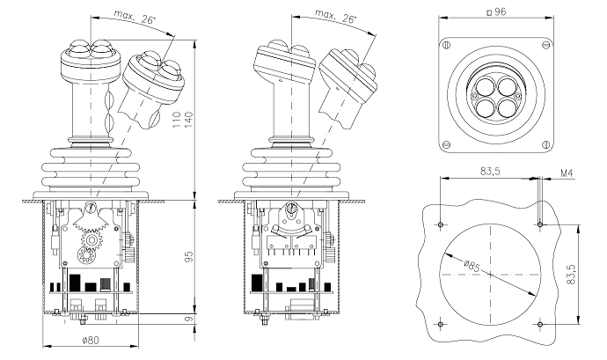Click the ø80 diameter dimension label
[91, 341]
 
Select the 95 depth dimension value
[188, 256]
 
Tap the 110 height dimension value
[177, 121]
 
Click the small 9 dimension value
[188, 320]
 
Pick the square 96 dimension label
[496, 12]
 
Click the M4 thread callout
[567, 173]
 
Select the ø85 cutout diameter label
[472, 266]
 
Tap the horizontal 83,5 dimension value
[490, 171]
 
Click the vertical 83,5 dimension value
[572, 275]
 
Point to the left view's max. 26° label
[135, 18]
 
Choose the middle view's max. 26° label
[336, 17]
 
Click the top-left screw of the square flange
[446, 45]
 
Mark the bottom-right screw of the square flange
[546, 145]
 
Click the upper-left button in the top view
[485, 86]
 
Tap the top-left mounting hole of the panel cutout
[441, 224]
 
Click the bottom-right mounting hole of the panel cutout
[540, 324]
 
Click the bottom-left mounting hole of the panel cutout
[441, 324]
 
